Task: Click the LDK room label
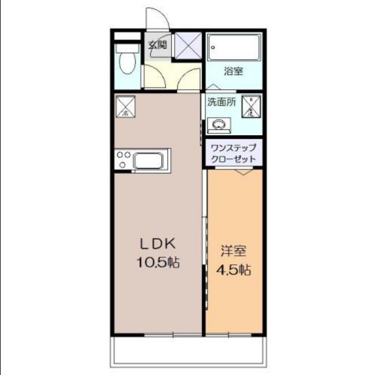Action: pyautogui.click(x=157, y=243)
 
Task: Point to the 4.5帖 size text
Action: pyautogui.click(x=233, y=270)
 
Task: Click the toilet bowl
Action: pyautogui.click(x=126, y=62)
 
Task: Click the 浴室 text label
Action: pyautogui.click(x=233, y=72)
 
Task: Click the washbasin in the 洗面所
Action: pyautogui.click(x=217, y=126)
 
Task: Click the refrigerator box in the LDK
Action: pyautogui.click(x=125, y=106)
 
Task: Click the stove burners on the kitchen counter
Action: pyautogui.click(x=124, y=160)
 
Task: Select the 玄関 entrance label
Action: pyautogui.click(x=157, y=43)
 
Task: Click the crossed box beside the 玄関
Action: pyautogui.click(x=188, y=44)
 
